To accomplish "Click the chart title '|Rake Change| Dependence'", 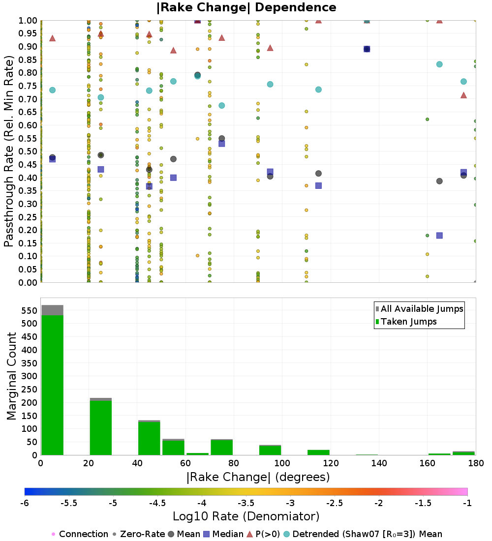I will point(246,7).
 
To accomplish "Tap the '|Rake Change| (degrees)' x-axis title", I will point(258,477).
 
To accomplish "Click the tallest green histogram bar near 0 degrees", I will point(52,384).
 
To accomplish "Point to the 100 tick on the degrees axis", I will point(282,463).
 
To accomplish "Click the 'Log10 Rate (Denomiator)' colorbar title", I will point(246,516).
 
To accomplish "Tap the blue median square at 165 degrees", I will point(439,235).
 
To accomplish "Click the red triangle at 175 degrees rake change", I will point(463,95).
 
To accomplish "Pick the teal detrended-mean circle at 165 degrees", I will point(439,64).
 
